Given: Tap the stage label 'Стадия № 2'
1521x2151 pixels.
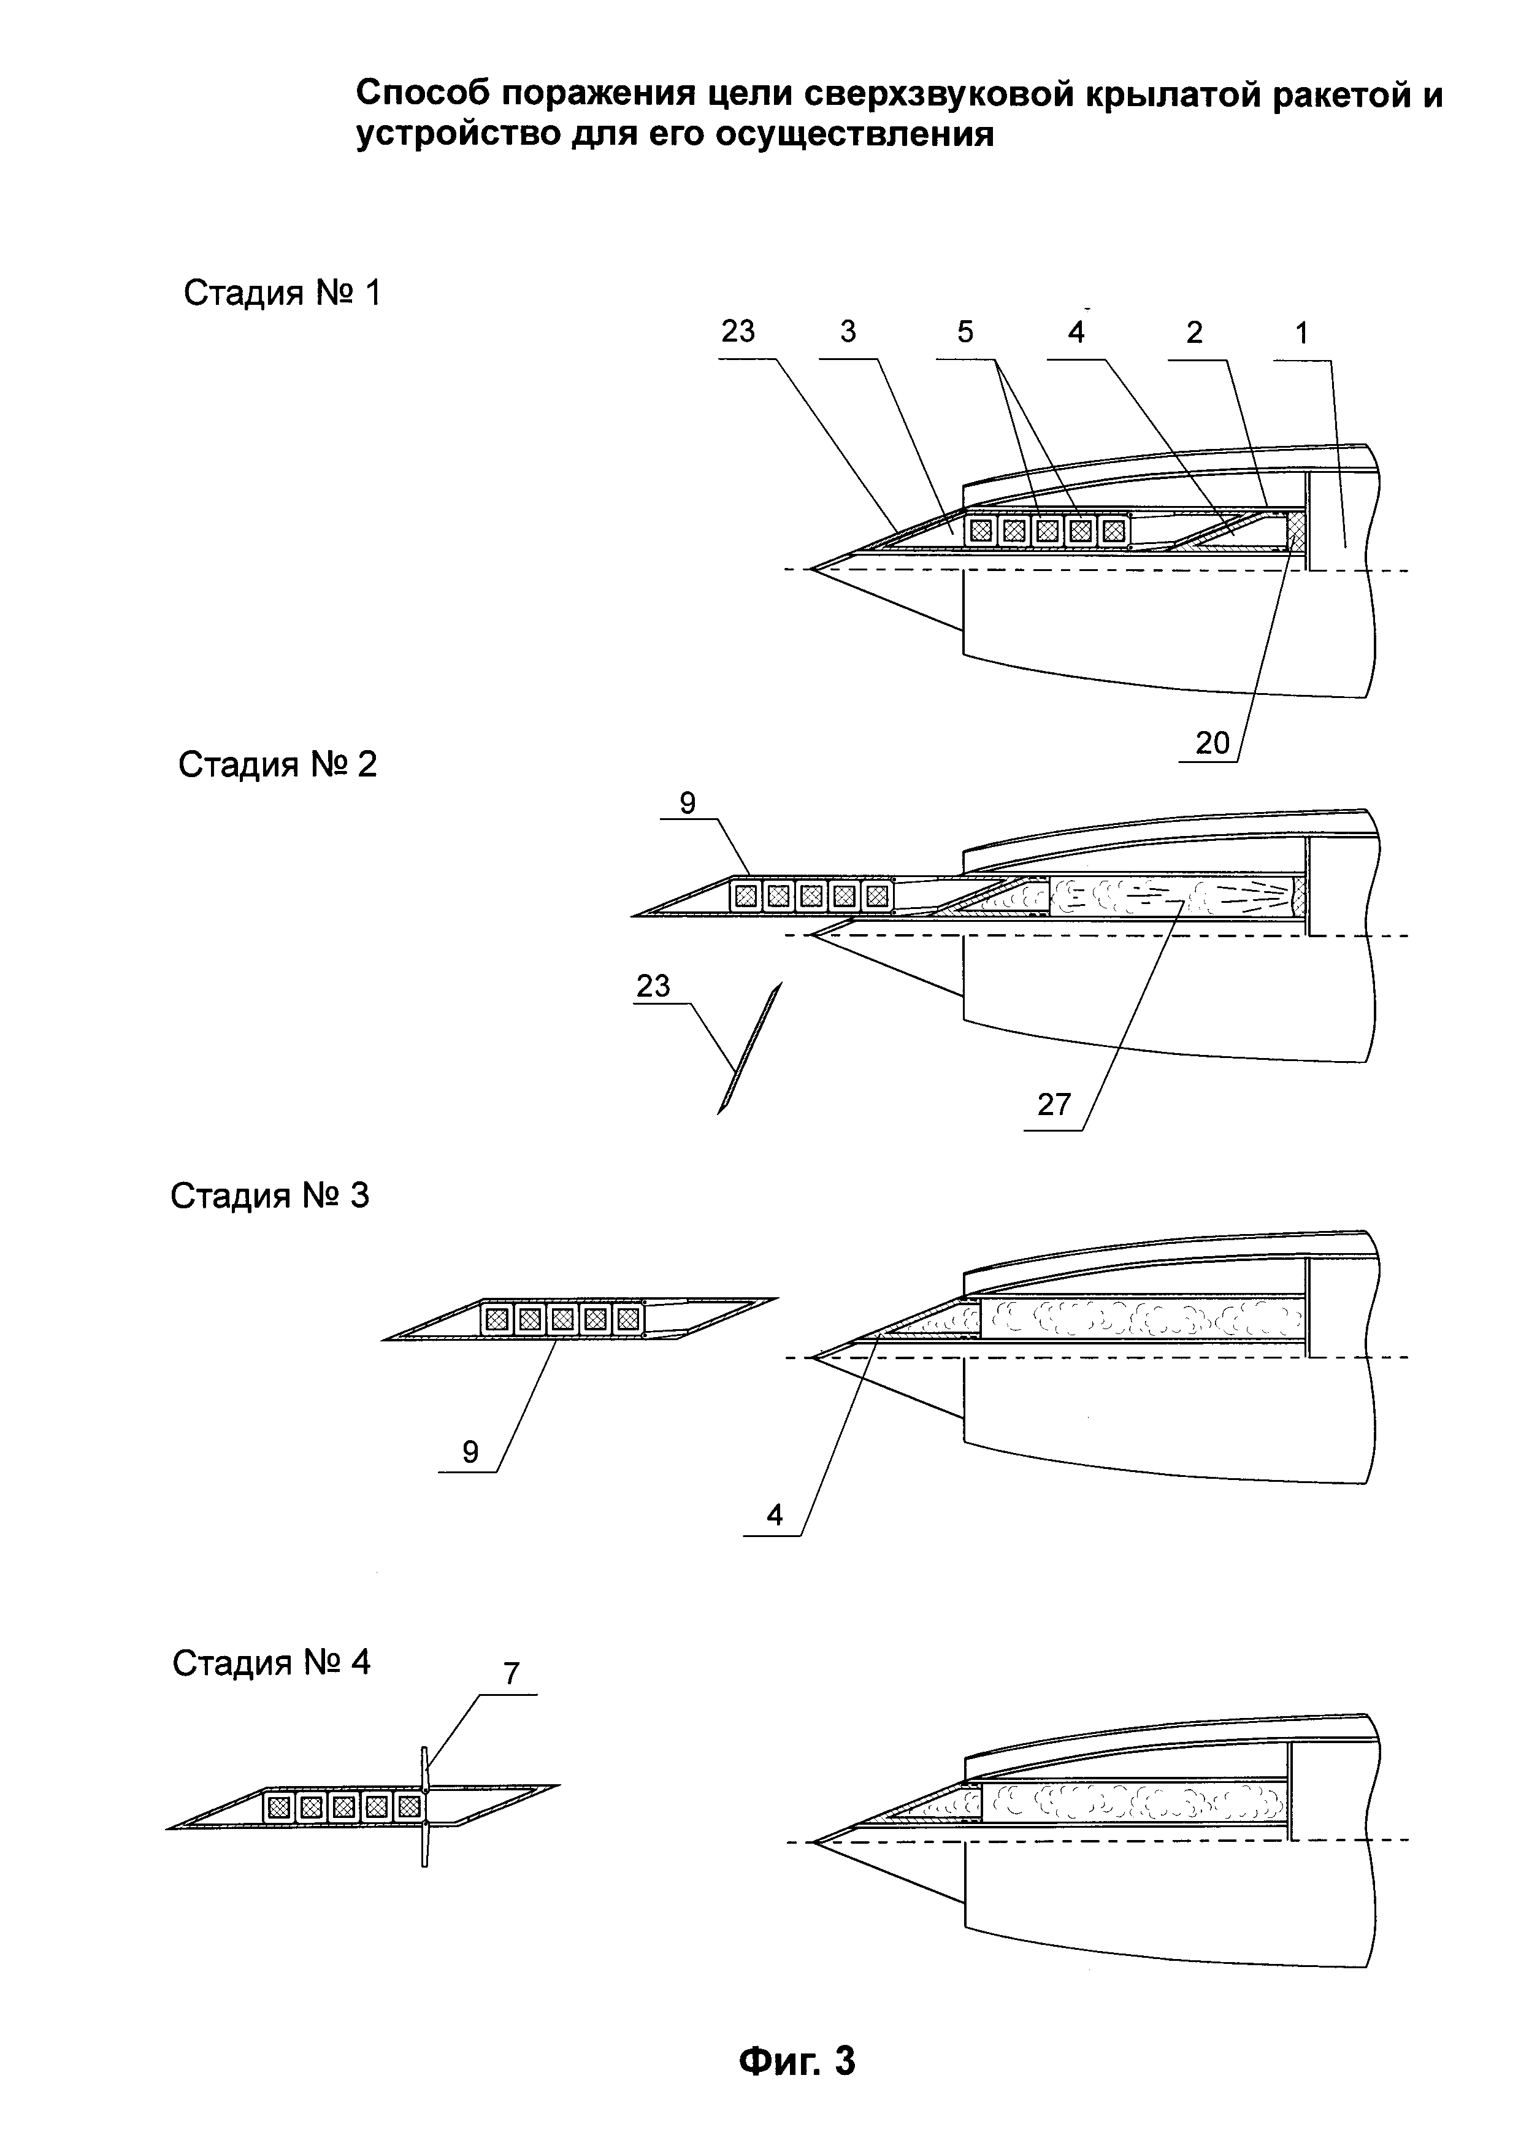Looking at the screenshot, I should (277, 765).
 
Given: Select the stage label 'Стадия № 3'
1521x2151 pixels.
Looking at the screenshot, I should (270, 1197).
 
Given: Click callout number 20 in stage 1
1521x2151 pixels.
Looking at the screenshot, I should (1212, 743).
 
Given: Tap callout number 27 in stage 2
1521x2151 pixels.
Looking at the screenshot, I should (1054, 1105).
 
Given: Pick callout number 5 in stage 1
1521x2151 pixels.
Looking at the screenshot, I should (965, 332).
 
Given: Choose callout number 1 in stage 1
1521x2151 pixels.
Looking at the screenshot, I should (1301, 334).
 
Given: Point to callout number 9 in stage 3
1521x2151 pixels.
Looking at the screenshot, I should (470, 1452).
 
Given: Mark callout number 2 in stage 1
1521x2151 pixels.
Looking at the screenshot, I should (1194, 334).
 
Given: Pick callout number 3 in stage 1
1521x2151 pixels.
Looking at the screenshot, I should (848, 332).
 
